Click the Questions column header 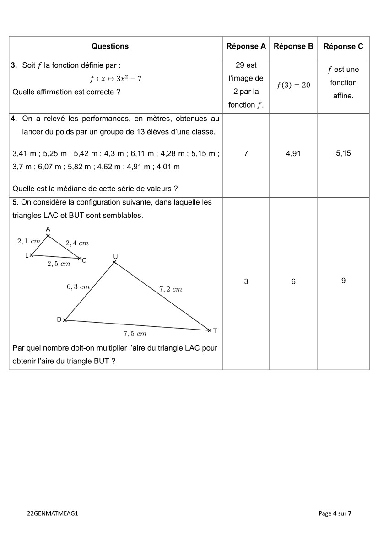click(x=110, y=46)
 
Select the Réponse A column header click(x=246, y=46)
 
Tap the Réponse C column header click(x=343, y=46)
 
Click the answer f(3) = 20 click(x=293, y=86)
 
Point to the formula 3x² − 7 click(x=129, y=79)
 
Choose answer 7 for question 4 click(x=246, y=154)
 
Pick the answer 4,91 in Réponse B click(x=293, y=154)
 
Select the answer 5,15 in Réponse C click(x=343, y=153)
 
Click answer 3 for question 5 click(x=246, y=281)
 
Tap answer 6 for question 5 click(x=293, y=281)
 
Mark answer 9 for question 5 click(x=343, y=281)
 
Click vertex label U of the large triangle click(x=115, y=256)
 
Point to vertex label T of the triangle click(x=215, y=330)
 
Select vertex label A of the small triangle click(x=48, y=229)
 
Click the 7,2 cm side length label click(x=171, y=289)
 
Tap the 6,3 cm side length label click(x=78, y=287)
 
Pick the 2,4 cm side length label click(x=77, y=243)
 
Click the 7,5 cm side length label click(x=135, y=334)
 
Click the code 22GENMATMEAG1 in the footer click(x=53, y=513)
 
